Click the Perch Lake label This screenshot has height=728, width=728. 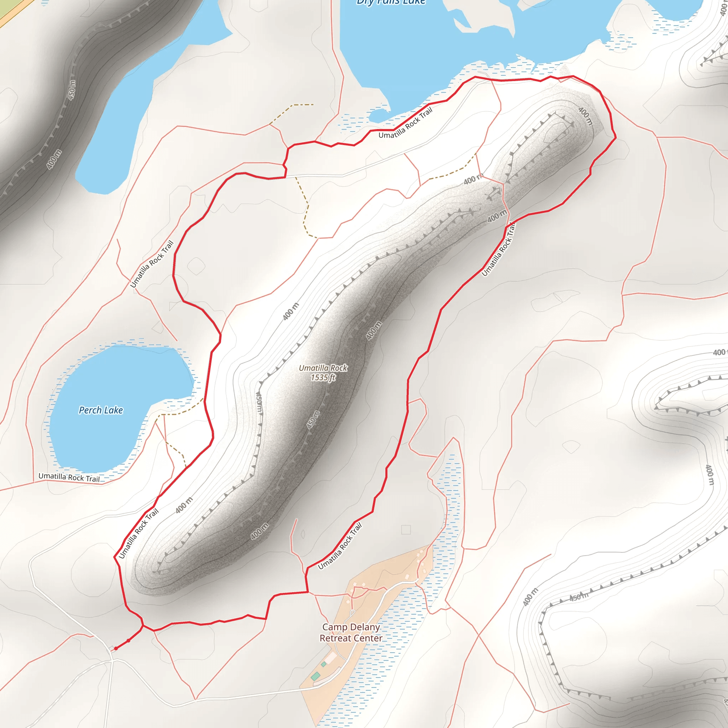(101, 410)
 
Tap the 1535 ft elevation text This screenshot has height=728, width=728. (323, 378)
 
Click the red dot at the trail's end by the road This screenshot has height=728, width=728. (116, 648)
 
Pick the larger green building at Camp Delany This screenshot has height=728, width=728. (316, 676)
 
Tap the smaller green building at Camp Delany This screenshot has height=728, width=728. (324, 664)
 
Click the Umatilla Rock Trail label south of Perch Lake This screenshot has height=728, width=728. (69, 477)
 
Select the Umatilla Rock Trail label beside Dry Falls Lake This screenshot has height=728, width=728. (406, 123)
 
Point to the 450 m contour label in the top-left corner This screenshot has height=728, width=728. (71, 90)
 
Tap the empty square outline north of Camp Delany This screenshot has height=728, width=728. (406, 529)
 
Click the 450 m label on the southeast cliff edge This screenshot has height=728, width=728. (578, 596)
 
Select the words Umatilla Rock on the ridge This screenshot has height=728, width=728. (323, 368)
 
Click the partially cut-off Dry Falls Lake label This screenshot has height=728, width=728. (391, 2)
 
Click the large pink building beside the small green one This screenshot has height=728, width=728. (331, 659)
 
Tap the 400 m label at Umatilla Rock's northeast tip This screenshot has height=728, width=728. (585, 116)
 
